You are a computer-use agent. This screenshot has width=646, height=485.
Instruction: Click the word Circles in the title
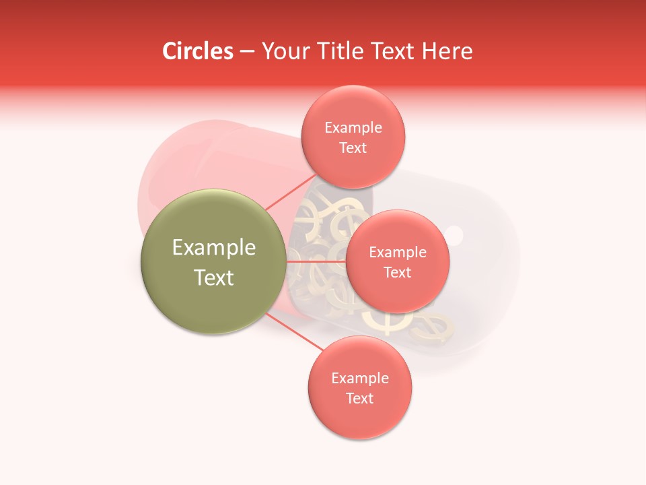point(197,51)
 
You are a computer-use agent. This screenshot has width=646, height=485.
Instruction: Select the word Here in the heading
point(447,51)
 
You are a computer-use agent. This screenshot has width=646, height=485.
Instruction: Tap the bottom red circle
point(360,418)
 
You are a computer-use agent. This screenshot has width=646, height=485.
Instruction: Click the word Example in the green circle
point(214,248)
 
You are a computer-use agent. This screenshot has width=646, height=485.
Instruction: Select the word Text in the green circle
point(214,278)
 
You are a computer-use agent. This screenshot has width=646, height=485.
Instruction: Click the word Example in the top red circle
point(353,127)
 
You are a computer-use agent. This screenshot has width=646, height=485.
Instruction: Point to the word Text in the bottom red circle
point(360,398)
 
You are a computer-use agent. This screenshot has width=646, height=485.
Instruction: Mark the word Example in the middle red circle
point(397,252)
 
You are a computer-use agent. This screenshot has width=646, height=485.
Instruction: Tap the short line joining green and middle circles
point(316,261)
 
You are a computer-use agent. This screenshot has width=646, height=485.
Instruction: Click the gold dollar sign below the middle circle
point(387,322)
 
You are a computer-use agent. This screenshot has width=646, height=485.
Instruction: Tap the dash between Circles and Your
point(247,52)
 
